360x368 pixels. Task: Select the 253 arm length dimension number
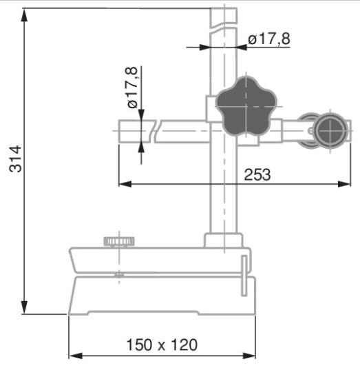tap(257, 175)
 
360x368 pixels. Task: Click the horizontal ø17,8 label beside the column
tap(269, 39)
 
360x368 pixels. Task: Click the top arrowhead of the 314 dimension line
tap(25, 14)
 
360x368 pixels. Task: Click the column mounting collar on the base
tap(223, 241)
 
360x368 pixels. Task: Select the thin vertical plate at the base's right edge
tap(244, 275)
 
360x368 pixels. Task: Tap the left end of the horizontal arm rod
tap(121, 130)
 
